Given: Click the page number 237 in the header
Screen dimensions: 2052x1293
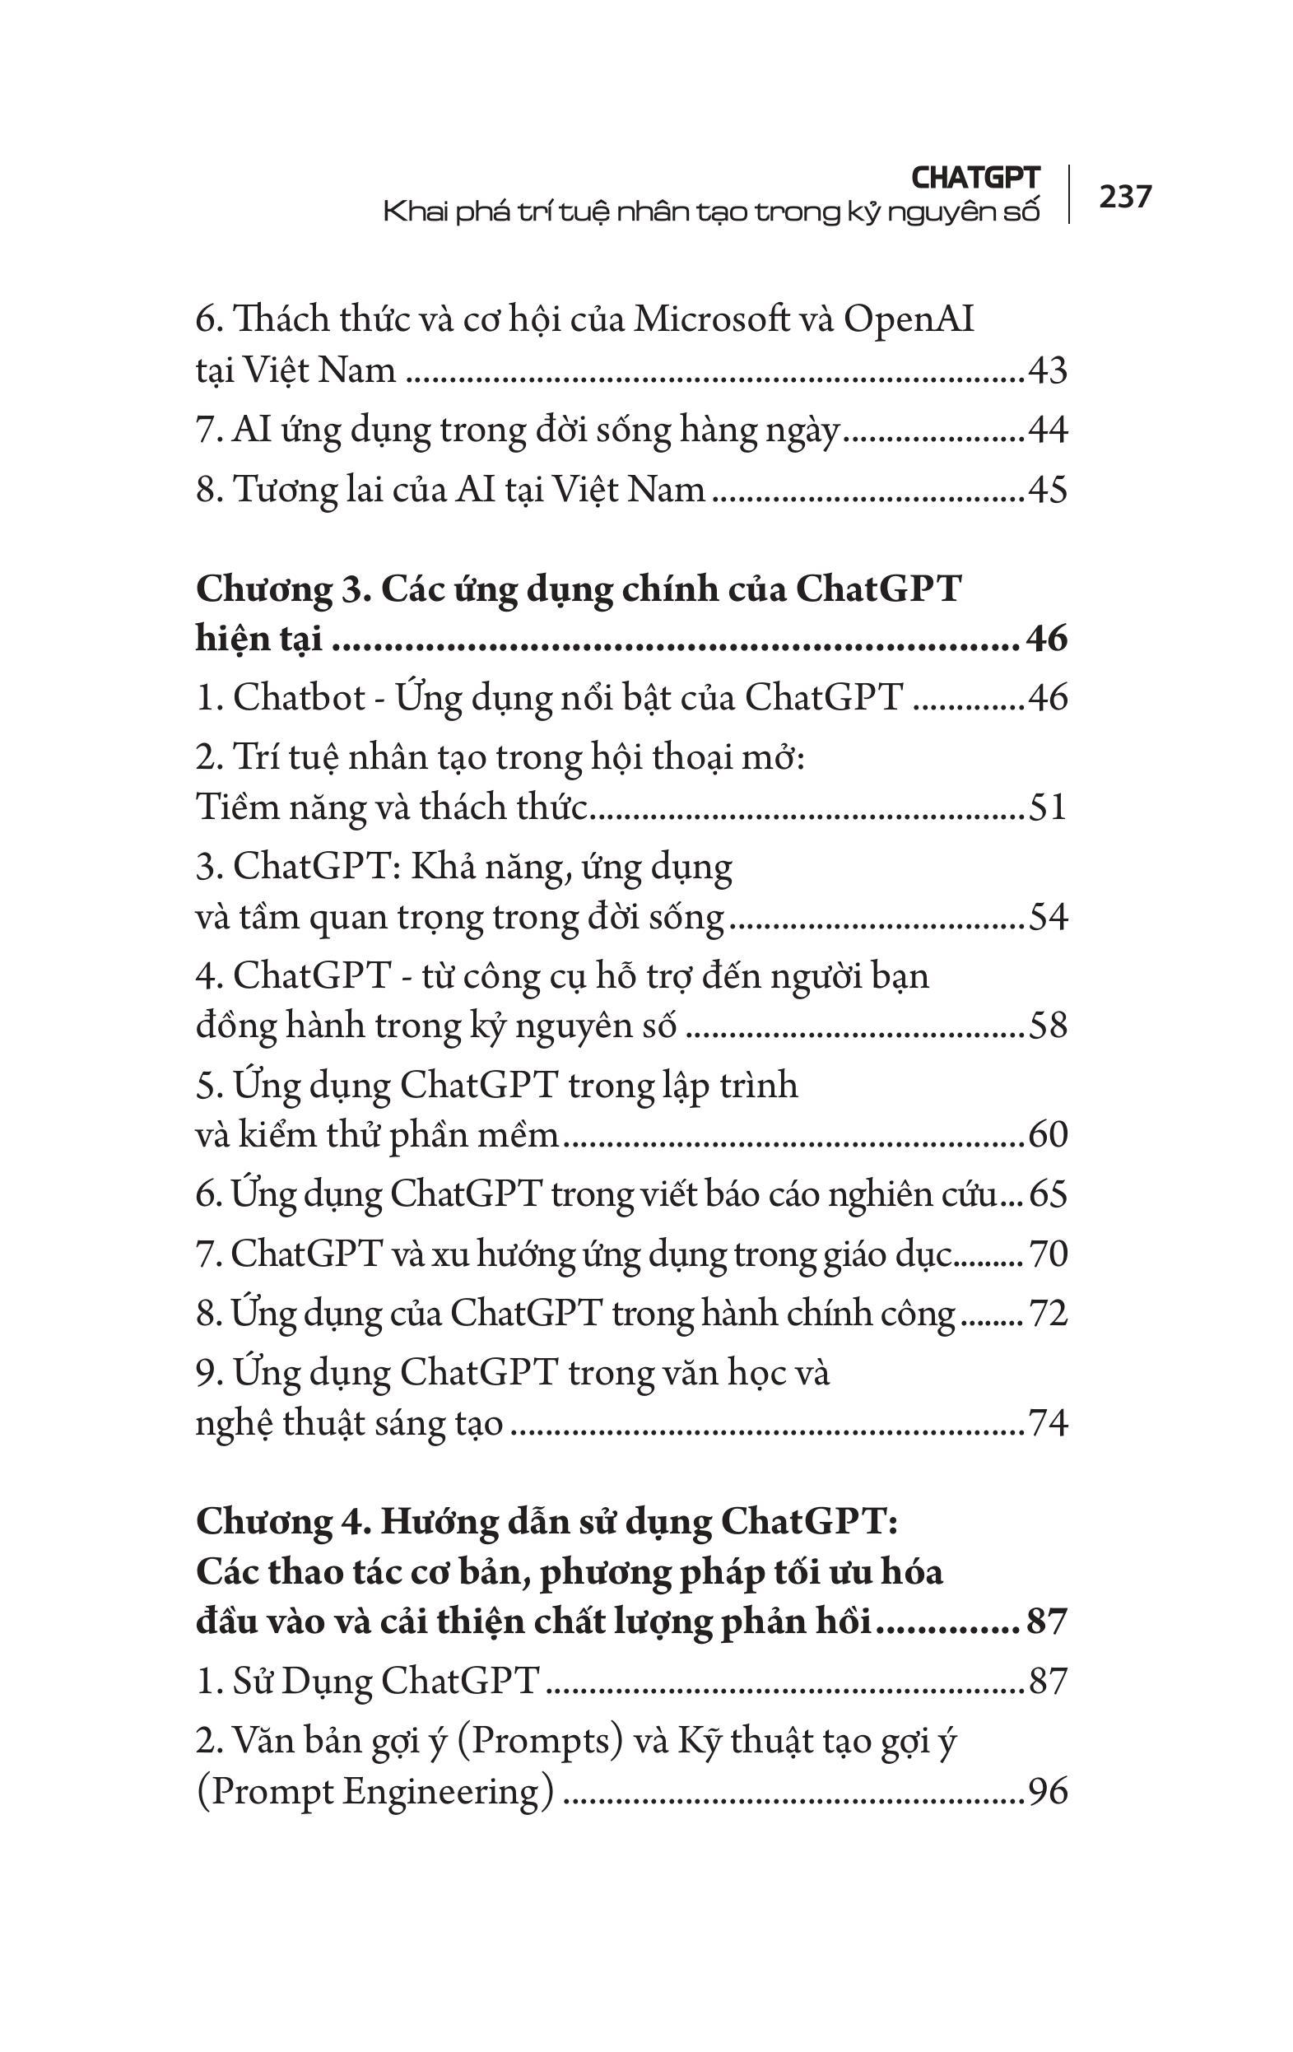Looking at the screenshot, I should [x=1125, y=197].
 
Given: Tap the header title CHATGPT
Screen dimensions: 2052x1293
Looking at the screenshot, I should [x=975, y=177].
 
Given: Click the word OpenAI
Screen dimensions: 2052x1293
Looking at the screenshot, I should [x=909, y=319].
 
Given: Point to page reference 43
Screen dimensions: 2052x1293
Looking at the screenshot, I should [x=1048, y=370].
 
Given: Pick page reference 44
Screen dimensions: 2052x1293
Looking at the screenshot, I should [x=1048, y=430].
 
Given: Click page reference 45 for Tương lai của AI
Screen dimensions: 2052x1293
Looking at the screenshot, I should [x=1048, y=489].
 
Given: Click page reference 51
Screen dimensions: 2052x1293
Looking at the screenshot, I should [x=1048, y=807].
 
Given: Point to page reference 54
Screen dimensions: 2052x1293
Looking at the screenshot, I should [x=1048, y=917].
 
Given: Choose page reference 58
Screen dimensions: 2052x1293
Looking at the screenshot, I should [x=1048, y=1025].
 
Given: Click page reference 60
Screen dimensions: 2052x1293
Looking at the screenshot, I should [x=1048, y=1135].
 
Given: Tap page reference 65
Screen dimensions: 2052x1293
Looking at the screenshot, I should [x=1048, y=1194].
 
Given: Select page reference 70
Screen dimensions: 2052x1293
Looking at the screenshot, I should [x=1048, y=1254].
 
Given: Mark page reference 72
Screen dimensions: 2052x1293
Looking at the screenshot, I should [x=1048, y=1313].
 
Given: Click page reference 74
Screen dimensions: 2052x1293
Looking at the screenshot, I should [x=1048, y=1423].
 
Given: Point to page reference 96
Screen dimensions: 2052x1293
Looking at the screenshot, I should [x=1048, y=1791].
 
